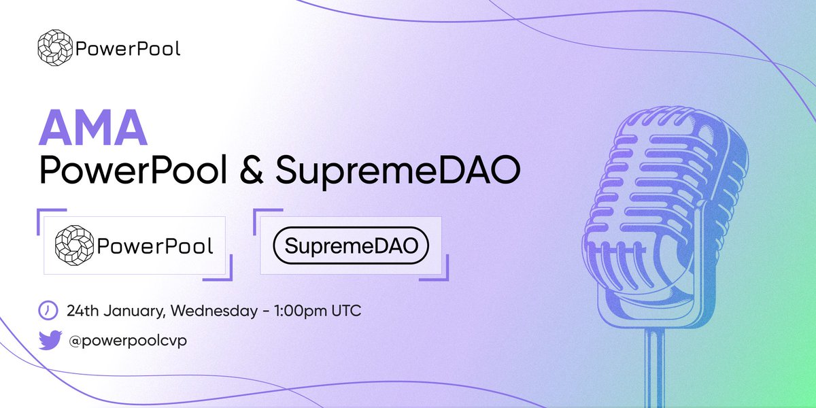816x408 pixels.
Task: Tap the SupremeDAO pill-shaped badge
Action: pos(351,246)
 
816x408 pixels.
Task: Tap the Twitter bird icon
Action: pos(49,339)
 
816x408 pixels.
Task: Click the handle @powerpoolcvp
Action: pos(126,339)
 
